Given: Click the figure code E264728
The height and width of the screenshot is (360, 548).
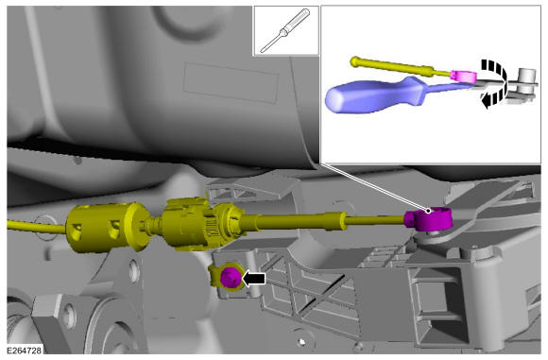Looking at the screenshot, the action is pyautogui.click(x=25, y=350).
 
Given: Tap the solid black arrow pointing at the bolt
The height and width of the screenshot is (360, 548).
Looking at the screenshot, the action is pyautogui.click(x=254, y=279).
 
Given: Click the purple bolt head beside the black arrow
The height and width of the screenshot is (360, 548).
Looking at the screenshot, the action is pyautogui.click(x=231, y=277).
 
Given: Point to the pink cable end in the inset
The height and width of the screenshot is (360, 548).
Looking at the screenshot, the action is pyautogui.click(x=463, y=77).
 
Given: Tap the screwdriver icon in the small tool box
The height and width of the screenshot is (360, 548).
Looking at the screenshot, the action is pyautogui.click(x=285, y=30).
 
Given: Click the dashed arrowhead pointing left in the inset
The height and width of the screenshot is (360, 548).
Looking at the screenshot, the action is pyautogui.click(x=487, y=101).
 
